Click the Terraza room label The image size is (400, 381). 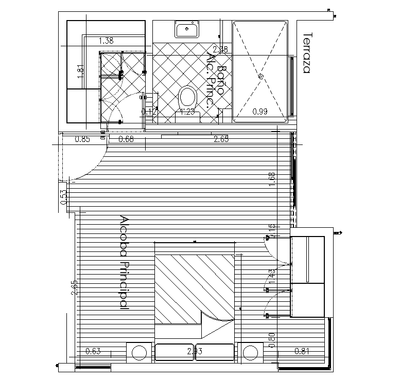pyautogui.click(x=307, y=53)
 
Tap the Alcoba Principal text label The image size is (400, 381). pyautogui.click(x=124, y=262)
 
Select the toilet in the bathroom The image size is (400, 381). pyautogui.click(x=187, y=98)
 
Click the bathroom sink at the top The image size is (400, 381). pyautogui.click(x=187, y=30)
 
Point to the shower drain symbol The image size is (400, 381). pyautogui.click(x=260, y=76)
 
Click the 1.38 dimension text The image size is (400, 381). pyautogui.click(x=106, y=40)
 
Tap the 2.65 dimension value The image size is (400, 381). pyautogui.click(x=221, y=139)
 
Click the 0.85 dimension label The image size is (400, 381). pyautogui.click(x=83, y=139)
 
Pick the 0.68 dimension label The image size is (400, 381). pyautogui.click(x=126, y=139)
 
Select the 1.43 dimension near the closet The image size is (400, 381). pyautogui.click(x=272, y=278)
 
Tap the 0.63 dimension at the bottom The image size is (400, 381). pyautogui.click(x=93, y=351)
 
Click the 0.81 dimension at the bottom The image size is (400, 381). pyautogui.click(x=302, y=351)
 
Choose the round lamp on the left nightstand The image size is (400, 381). pyautogui.click(x=139, y=352)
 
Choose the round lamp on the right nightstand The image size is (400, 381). pyautogui.click(x=250, y=352)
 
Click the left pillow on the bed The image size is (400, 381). pyautogui.click(x=175, y=352)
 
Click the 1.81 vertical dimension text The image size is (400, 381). pyautogui.click(x=80, y=70)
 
